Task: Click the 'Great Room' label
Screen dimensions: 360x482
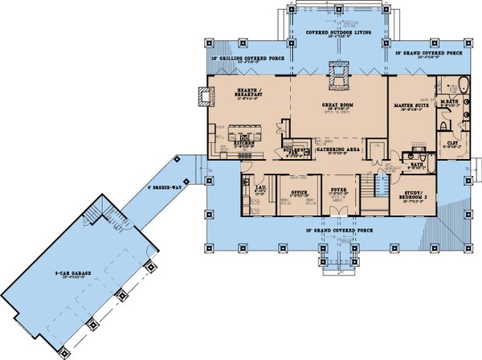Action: [339, 105]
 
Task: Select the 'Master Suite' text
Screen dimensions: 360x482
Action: [410, 105]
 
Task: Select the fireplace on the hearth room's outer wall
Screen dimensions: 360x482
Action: [200, 96]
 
